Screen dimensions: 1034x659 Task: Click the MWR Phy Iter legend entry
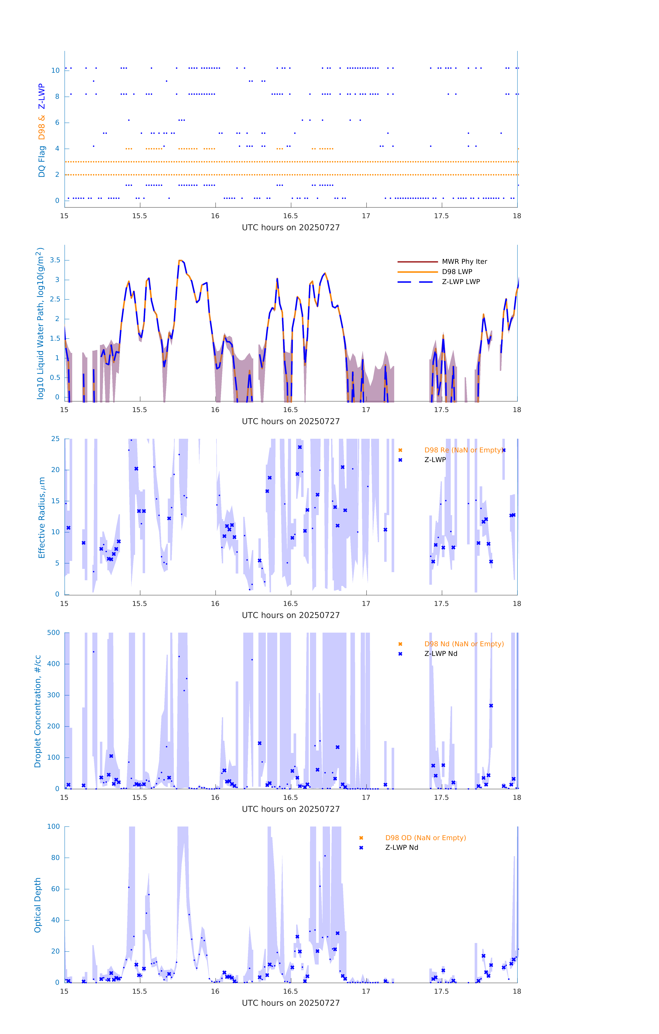coord(464,261)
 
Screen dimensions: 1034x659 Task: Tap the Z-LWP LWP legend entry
coord(461,282)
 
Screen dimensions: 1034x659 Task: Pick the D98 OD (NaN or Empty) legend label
coord(425,838)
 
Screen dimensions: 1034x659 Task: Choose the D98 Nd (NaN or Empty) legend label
coord(464,644)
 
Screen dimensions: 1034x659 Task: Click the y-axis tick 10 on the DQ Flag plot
coord(55,70)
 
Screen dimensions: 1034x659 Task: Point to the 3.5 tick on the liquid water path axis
coord(55,260)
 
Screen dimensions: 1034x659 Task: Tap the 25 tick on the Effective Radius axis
coord(55,439)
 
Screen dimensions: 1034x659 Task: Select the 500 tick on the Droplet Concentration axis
coord(54,632)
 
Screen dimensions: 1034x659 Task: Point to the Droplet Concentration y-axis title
coord(38,711)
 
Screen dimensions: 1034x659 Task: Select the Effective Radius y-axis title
coord(42,517)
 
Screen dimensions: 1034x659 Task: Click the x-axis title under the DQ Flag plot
coord(291,228)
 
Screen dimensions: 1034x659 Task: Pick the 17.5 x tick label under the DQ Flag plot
coord(441,216)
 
